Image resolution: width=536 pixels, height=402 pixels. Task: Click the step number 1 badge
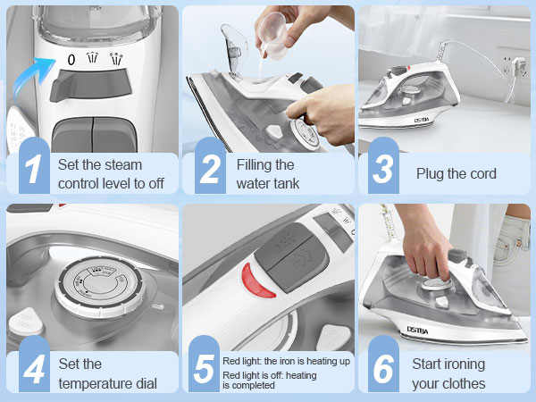pyautogui.click(x=32, y=169)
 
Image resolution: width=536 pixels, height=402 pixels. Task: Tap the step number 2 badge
pyautogui.click(x=210, y=169)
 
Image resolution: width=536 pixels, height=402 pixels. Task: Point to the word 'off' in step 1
pyautogui.click(x=153, y=184)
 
